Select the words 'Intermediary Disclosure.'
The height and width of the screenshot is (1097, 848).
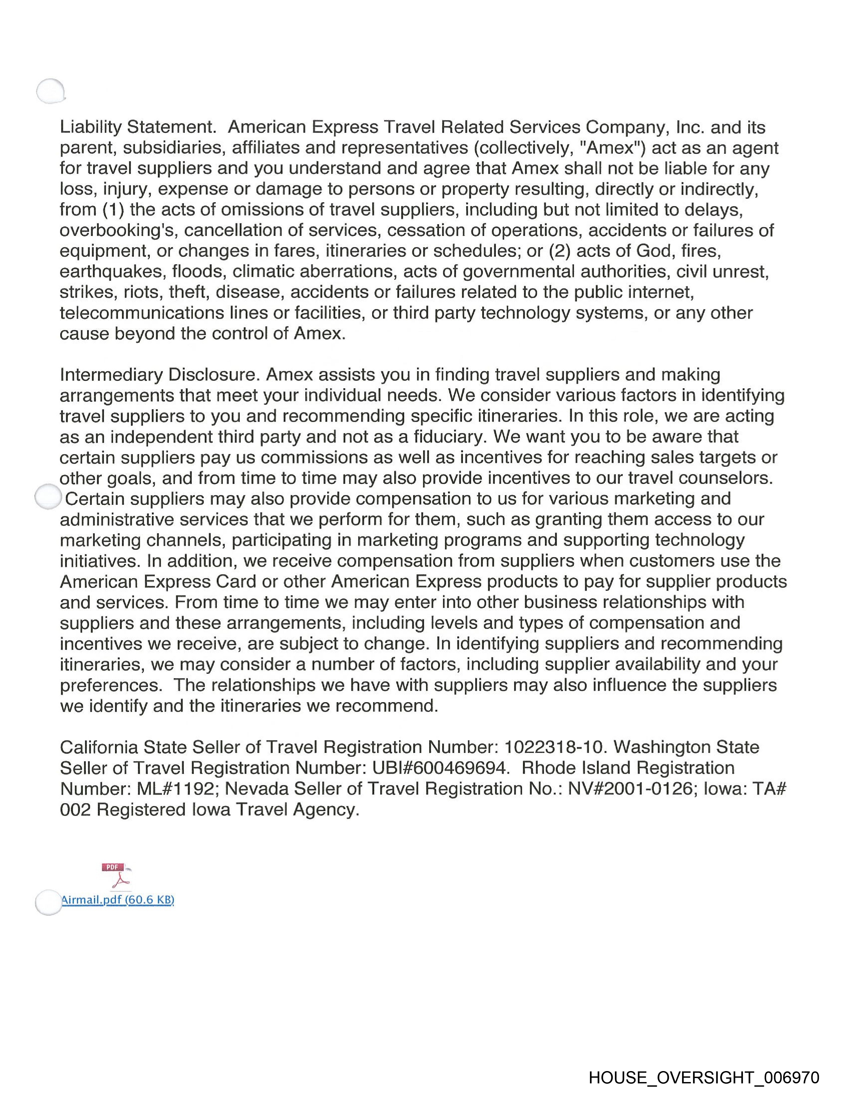pos(160,375)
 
